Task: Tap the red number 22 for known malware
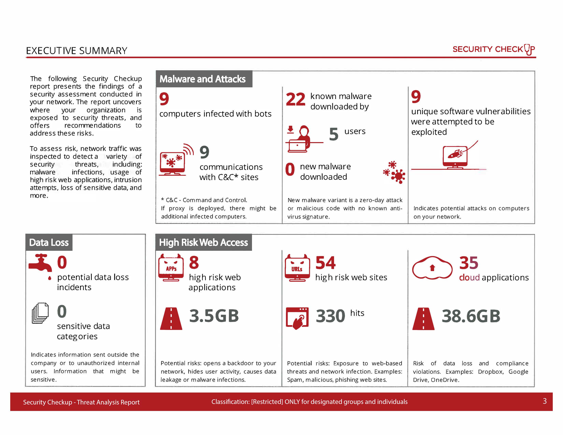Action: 295,99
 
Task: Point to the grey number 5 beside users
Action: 333,134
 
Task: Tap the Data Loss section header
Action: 49,243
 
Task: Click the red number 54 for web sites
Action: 325,263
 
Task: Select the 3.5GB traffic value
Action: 214,316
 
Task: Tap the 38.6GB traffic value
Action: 471,316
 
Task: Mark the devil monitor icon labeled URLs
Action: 297,268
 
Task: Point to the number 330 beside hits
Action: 330,316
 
